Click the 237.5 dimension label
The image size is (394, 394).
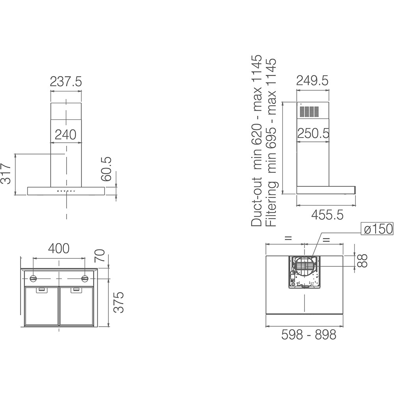tap(66, 82)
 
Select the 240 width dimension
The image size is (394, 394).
tap(65, 135)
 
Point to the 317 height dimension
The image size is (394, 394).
tap(6, 174)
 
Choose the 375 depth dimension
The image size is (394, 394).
tap(119, 302)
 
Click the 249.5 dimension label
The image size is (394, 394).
tap(312, 81)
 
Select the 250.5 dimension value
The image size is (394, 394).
tap(313, 134)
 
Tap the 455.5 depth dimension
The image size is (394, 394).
tap(327, 214)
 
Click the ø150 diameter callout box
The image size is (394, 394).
tap(378, 229)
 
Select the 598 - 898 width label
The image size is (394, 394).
tap(309, 335)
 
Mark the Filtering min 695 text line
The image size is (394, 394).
tap(271, 143)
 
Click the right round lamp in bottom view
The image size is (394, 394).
tap(85, 279)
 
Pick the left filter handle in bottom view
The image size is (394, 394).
tap(41, 290)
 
